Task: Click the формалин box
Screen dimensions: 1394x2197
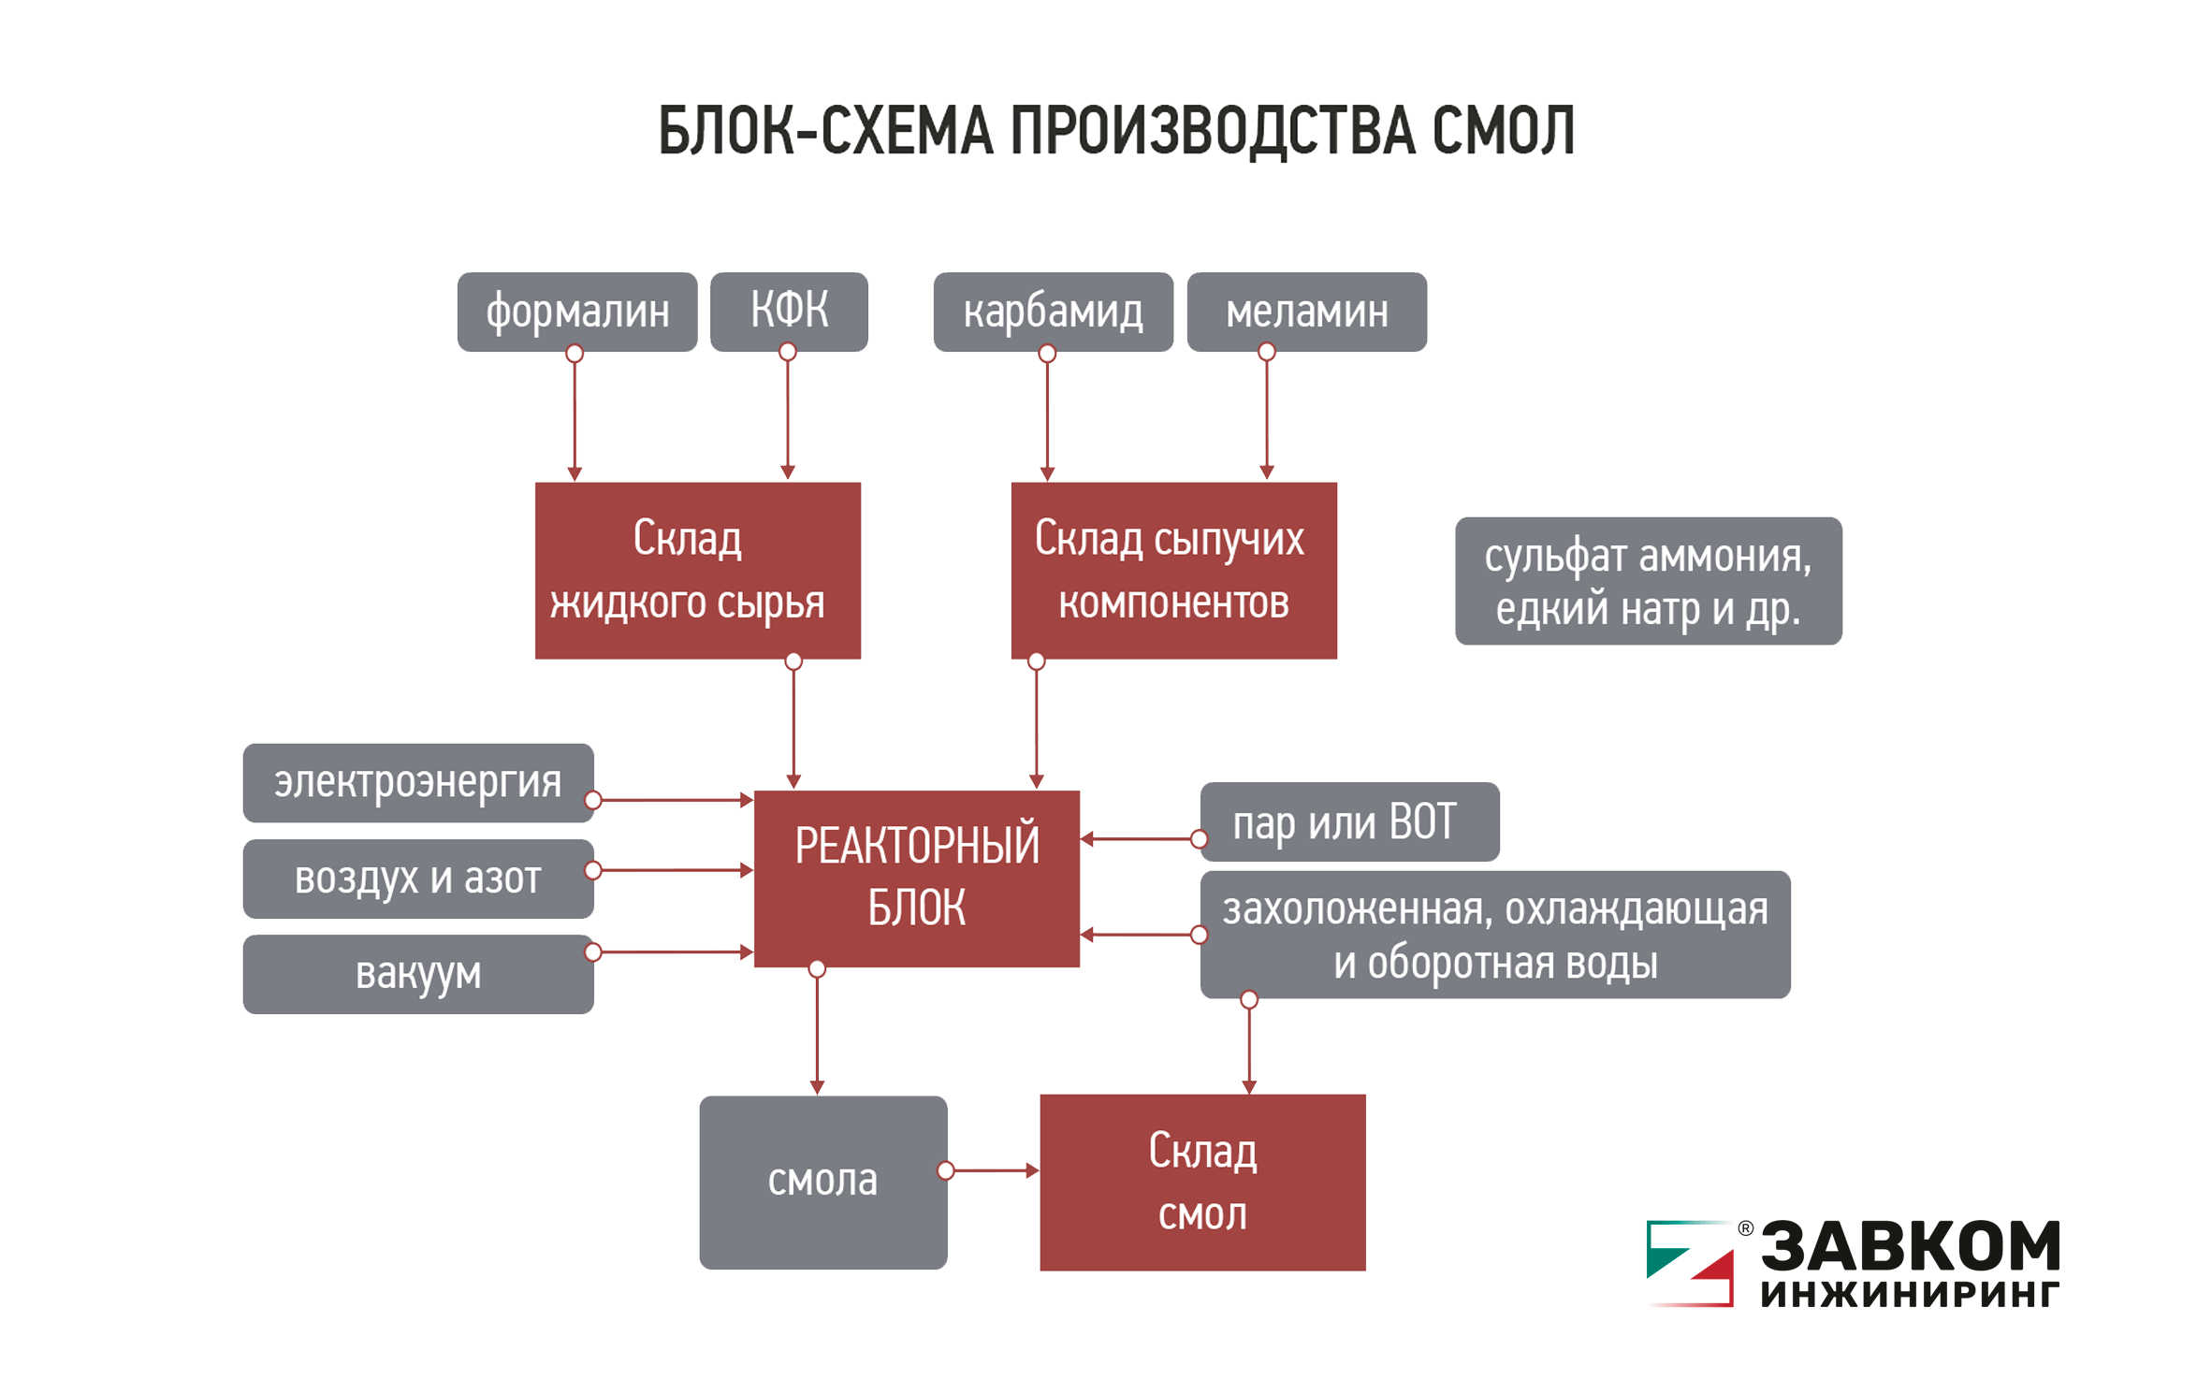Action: tap(576, 312)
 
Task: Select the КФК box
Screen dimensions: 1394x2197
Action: tap(789, 312)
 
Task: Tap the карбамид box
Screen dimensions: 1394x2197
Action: tap(1053, 312)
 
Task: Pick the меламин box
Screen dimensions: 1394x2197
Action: tap(1306, 312)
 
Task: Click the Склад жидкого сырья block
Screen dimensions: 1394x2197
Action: tap(697, 570)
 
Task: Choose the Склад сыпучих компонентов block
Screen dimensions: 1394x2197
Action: tap(1173, 570)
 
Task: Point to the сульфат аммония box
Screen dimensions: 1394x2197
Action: tap(1648, 581)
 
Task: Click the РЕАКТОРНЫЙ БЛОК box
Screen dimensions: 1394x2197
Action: tap(916, 878)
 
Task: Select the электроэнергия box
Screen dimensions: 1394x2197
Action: tap(417, 783)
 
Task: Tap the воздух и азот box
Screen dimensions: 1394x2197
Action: tap(417, 879)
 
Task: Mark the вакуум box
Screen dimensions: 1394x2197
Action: tap(417, 974)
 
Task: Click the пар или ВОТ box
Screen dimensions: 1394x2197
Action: tap(1349, 821)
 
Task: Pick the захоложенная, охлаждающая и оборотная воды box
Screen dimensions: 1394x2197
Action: tap(1494, 934)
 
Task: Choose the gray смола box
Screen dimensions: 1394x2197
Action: tap(822, 1182)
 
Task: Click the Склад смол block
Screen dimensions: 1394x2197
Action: tap(1202, 1182)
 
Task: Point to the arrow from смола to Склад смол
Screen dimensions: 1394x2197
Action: tap(993, 1170)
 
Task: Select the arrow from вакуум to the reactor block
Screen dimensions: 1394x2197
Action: tap(674, 952)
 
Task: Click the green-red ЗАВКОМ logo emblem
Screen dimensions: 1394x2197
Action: tap(1690, 1262)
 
